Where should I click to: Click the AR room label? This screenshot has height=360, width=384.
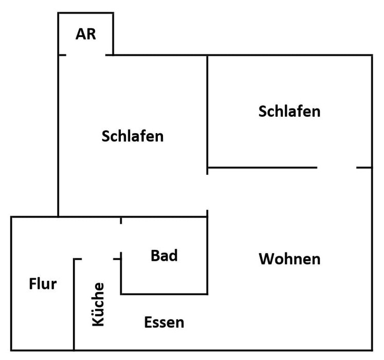pyautogui.click(x=86, y=34)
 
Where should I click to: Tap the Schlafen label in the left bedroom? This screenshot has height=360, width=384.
pyautogui.click(x=133, y=136)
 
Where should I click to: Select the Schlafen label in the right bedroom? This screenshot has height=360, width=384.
pyautogui.click(x=289, y=111)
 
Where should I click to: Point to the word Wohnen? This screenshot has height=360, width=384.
pyautogui.click(x=289, y=259)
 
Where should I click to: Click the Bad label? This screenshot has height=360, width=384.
pyautogui.click(x=164, y=255)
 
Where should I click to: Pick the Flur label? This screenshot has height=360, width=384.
pyautogui.click(x=43, y=283)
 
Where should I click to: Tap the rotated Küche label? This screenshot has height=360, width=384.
pyautogui.click(x=98, y=304)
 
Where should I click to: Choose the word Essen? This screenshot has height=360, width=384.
pyautogui.click(x=164, y=322)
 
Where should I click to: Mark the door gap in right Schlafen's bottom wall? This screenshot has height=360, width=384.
pyautogui.click(x=337, y=168)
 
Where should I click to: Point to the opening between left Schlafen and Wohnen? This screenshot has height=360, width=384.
pyautogui.click(x=207, y=192)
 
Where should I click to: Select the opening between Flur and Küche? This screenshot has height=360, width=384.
pyautogui.click(x=98, y=259)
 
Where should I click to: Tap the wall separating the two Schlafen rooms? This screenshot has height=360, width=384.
pyautogui.click(x=207, y=111)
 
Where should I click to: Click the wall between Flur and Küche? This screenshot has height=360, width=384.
pyautogui.click(x=75, y=303)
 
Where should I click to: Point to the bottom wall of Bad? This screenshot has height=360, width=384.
pyautogui.click(x=164, y=294)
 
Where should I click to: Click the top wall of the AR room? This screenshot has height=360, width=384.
pyautogui.click(x=86, y=13)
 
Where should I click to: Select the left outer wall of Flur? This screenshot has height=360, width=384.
pyautogui.click(x=11, y=283)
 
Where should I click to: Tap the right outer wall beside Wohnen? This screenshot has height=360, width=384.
pyautogui.click(x=372, y=257)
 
